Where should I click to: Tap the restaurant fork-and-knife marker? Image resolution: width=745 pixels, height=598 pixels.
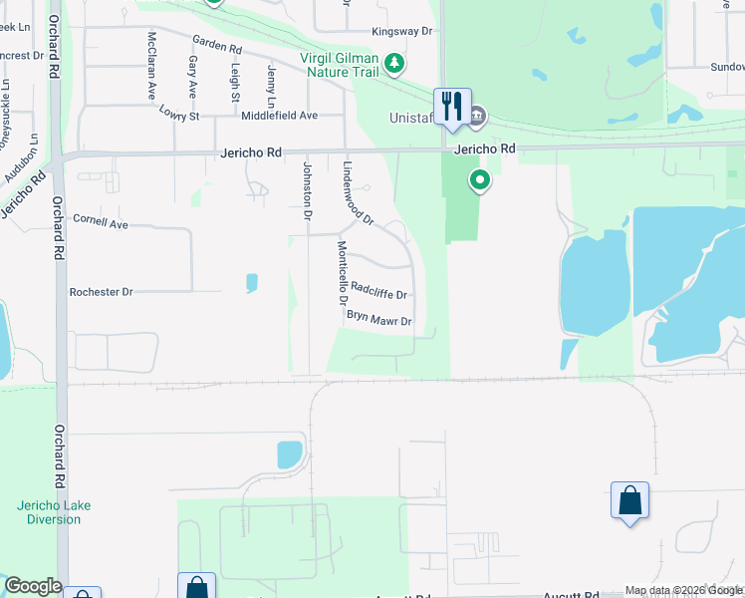pyautogui.click(x=452, y=106)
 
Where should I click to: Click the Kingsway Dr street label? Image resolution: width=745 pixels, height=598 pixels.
pyautogui.click(x=402, y=32)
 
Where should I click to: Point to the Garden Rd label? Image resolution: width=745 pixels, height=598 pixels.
pyautogui.click(x=217, y=47)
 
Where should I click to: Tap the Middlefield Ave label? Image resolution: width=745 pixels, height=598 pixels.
pyautogui.click(x=279, y=116)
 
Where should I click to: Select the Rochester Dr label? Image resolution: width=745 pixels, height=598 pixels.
pyautogui.click(x=101, y=293)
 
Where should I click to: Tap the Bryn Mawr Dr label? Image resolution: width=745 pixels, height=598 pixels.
pyautogui.click(x=378, y=318)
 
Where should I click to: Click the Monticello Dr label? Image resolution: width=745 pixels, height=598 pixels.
pyautogui.click(x=343, y=273)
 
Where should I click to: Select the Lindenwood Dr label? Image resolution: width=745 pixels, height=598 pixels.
pyautogui.click(x=357, y=193)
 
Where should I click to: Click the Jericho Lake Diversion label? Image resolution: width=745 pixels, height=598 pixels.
pyautogui.click(x=54, y=512)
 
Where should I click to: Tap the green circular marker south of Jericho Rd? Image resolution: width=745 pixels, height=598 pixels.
pyautogui.click(x=480, y=181)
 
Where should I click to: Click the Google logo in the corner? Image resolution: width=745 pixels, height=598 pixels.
pyautogui.click(x=32, y=586)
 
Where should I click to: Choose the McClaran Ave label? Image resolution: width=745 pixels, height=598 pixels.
pyautogui.click(x=152, y=64)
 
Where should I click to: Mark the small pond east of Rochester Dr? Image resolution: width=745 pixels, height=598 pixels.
pyautogui.click(x=251, y=283)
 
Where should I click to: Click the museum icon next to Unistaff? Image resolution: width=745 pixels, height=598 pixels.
pyautogui.click(x=477, y=117)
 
